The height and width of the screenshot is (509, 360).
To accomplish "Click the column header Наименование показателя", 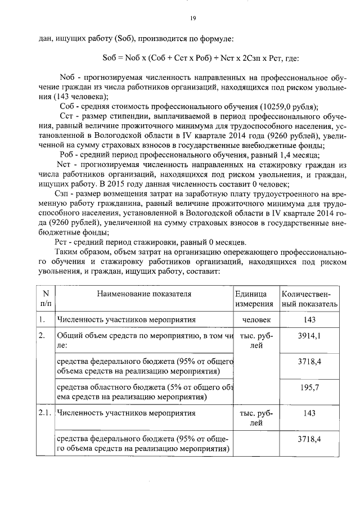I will tap(144, 294).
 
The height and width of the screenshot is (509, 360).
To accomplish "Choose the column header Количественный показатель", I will tap(309, 299).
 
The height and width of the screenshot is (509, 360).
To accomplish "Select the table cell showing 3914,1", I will tap(309, 336).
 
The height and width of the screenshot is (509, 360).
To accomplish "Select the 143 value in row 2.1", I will tap(309, 413).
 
